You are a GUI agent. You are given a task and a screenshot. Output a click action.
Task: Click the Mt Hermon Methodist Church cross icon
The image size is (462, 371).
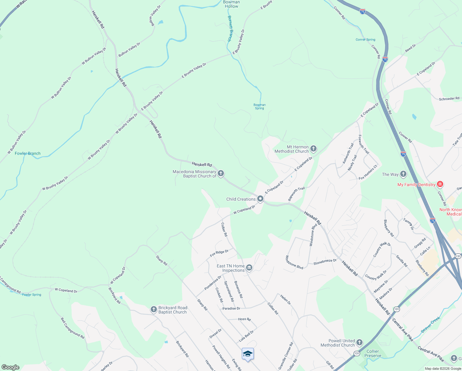(x=313, y=149)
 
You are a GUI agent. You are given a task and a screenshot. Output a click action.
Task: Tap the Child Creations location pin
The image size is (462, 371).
(x=260, y=199)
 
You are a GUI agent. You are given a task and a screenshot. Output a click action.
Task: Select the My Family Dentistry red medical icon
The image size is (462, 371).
(x=440, y=185)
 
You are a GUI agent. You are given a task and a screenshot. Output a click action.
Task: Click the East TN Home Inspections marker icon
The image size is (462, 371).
(x=249, y=268)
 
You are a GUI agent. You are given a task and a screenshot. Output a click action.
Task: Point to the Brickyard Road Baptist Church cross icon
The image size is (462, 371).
(x=154, y=310)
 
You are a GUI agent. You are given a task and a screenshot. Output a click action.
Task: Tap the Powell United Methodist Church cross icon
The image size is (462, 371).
(x=359, y=343)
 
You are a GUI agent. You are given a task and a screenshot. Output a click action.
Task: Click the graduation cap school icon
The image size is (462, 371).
(x=248, y=354)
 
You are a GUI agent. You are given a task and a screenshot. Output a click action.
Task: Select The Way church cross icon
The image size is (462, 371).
(x=403, y=174)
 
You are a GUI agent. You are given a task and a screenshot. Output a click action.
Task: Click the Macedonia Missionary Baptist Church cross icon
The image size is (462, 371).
(x=221, y=173)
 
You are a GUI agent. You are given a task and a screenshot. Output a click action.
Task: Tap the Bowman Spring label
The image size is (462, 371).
(x=259, y=107)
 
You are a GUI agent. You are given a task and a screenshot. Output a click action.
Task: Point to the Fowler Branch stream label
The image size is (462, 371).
(x=27, y=153)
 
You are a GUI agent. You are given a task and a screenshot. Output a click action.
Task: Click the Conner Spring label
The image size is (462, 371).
(x=365, y=40)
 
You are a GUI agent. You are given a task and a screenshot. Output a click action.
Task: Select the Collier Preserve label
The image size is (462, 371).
(x=373, y=353)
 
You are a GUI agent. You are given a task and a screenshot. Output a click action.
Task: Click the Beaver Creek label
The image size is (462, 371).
(x=430, y=324)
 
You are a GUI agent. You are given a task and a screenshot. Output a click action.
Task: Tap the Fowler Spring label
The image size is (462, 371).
(x=31, y=295)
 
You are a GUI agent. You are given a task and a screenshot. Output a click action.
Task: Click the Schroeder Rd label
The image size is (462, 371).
(x=449, y=99)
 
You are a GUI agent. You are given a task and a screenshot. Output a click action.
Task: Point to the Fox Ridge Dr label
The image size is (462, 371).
(x=219, y=253)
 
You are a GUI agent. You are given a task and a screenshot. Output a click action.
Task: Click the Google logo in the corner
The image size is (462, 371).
(x=10, y=367)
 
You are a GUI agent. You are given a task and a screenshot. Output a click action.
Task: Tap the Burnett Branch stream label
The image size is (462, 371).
(x=230, y=28)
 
